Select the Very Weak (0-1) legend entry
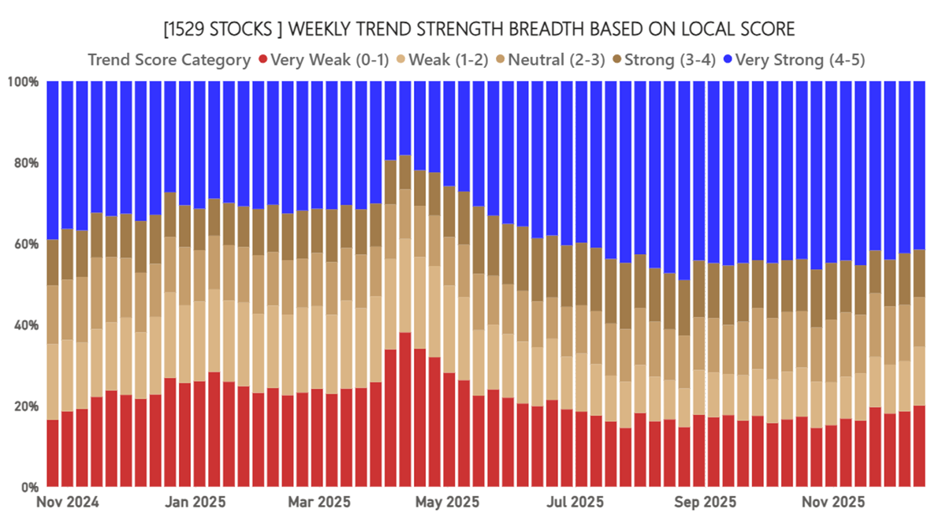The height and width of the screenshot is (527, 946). (x=323, y=60)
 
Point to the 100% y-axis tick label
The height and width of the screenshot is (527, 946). (x=22, y=81)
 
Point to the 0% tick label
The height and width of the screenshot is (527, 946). (x=28, y=487)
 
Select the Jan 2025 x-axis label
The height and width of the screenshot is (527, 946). (x=197, y=502)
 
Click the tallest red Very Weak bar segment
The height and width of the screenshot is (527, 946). (x=404, y=409)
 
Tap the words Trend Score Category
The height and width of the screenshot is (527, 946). (x=169, y=60)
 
